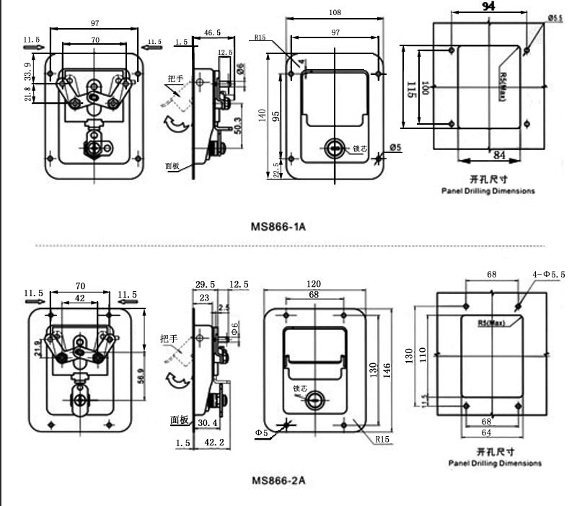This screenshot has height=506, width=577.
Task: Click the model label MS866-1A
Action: pos(278,226)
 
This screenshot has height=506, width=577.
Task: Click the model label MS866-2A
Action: pos(278,480)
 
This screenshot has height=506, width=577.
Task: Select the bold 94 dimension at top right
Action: pos(488,7)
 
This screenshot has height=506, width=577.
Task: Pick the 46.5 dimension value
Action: pos(212,32)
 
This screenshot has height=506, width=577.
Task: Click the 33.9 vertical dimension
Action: pos(28,70)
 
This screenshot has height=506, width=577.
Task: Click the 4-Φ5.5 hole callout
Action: pos(550,275)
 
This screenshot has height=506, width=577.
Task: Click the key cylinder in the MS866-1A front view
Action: pos(335,148)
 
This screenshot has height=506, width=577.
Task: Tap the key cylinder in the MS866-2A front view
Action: pos(314,401)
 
